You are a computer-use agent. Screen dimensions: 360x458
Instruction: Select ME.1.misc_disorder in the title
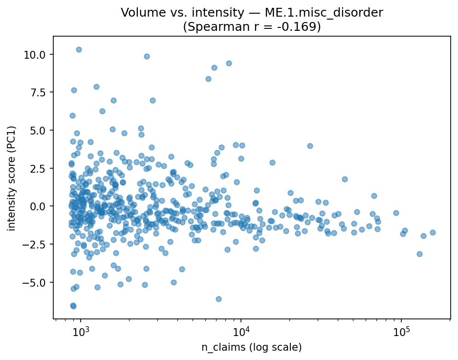point(329,13)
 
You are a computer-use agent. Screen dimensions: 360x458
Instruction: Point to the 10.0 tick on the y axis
point(39,54)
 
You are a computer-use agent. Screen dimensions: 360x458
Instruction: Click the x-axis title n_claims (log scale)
point(252,347)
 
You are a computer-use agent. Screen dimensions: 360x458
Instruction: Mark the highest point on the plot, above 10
point(79,49)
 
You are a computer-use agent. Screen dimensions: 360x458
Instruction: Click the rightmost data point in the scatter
point(433,232)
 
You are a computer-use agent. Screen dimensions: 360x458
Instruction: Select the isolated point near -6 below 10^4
point(218,299)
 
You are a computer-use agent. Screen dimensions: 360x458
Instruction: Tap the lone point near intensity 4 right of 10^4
point(310,146)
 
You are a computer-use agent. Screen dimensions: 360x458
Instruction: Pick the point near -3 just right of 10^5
point(419,254)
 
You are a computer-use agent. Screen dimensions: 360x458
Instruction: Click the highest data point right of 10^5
point(405,230)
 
